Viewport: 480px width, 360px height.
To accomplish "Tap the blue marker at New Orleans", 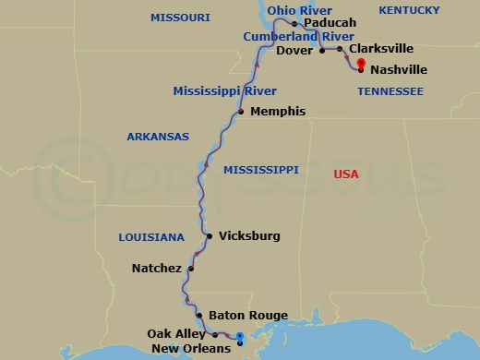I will [x=239, y=338].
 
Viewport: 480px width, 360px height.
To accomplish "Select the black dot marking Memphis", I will [x=241, y=113].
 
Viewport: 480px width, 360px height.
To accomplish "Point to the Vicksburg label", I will [x=249, y=236].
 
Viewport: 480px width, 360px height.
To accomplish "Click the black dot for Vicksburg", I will [x=210, y=236].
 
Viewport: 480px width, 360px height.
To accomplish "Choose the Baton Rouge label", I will [x=242, y=315].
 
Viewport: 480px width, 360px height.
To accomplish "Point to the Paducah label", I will [x=329, y=23].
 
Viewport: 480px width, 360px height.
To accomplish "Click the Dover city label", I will [x=295, y=51].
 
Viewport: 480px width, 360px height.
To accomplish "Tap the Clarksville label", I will [x=381, y=49].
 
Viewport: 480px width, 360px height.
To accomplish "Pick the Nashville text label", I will [x=399, y=68].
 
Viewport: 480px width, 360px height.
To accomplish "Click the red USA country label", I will [x=346, y=174].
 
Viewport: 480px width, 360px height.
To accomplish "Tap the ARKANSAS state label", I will [x=158, y=137].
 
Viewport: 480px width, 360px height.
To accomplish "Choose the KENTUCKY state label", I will [x=409, y=9].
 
